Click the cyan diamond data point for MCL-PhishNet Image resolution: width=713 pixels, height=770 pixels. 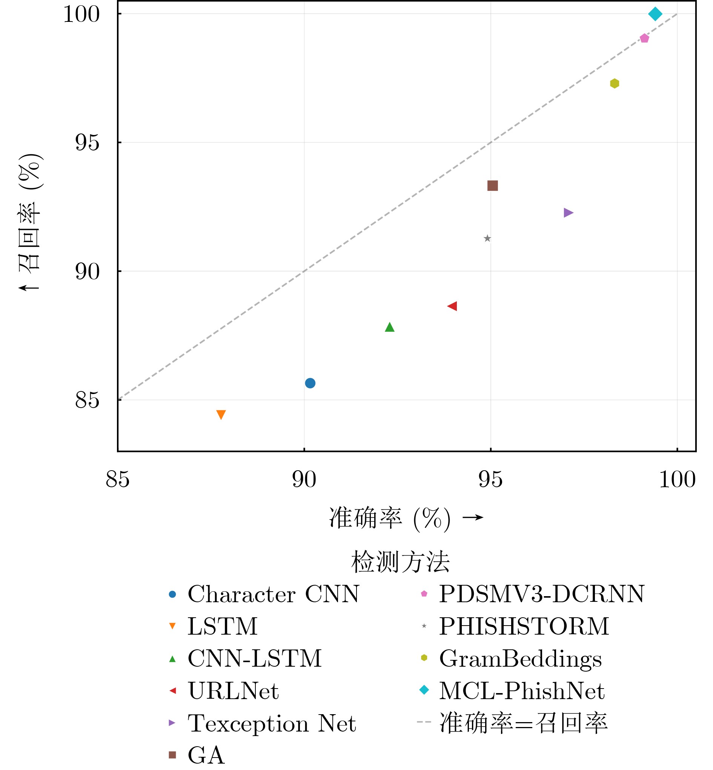click(x=655, y=14)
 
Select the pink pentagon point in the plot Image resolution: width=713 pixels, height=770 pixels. click(x=644, y=38)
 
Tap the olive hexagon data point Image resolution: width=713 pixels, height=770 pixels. click(x=615, y=83)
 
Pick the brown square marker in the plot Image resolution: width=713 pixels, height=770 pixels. click(x=492, y=186)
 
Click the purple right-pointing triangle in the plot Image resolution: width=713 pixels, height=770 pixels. click(x=568, y=212)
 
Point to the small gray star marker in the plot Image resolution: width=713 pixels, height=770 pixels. click(x=487, y=239)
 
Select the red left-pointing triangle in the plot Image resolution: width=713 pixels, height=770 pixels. click(x=453, y=306)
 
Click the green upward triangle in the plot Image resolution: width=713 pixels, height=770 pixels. click(x=390, y=327)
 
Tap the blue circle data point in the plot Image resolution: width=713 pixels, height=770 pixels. click(x=310, y=383)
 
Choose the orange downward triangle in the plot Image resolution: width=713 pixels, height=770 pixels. click(x=221, y=414)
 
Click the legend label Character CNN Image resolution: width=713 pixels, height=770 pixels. click(x=274, y=594)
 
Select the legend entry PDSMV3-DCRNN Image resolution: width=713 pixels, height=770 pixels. click(x=542, y=594)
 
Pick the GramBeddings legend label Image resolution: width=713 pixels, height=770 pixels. click(x=521, y=658)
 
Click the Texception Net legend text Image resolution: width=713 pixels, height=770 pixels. click(x=272, y=723)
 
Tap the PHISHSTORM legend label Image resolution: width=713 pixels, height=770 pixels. click(x=524, y=626)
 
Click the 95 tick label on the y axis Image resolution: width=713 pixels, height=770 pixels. click(x=87, y=143)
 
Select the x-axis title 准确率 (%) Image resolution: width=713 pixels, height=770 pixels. click(x=389, y=518)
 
